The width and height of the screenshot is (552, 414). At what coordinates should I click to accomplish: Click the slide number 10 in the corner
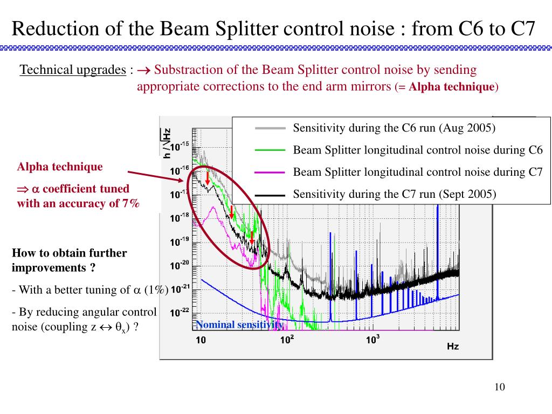pos(499,388)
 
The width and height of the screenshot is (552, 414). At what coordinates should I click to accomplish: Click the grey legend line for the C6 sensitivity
pos(270,128)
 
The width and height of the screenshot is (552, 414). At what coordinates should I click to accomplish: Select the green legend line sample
pos(270,150)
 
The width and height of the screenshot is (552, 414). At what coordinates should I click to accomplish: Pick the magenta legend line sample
pos(270,172)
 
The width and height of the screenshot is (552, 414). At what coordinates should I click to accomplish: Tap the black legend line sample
pos(270,195)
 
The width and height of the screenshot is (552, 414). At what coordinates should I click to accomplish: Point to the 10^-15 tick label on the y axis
pos(180,146)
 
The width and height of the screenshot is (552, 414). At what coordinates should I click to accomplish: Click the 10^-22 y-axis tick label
pos(180,313)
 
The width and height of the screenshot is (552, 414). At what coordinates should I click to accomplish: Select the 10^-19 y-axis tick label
pos(180,242)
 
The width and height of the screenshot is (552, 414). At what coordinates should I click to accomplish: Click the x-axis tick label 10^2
pos(287,340)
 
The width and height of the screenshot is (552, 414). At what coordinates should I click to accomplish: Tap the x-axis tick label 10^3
pos(373,340)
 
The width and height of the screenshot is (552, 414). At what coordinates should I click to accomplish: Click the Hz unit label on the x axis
pos(453,347)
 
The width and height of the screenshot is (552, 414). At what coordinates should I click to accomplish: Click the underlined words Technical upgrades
pos(72,70)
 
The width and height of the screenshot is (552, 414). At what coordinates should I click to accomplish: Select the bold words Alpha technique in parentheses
pos(452,87)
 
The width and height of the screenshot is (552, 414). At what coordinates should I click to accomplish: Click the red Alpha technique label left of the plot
pos(60,167)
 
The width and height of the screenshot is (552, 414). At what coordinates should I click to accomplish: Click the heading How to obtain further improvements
pos(69,260)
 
